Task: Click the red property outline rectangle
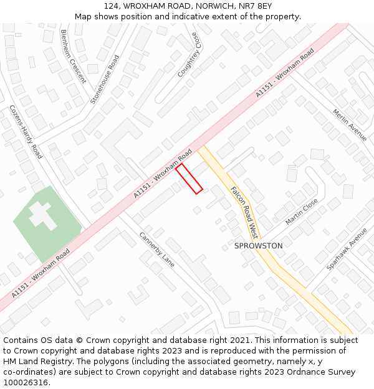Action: [189, 178]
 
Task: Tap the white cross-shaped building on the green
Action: [41, 215]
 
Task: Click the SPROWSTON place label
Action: [258, 246]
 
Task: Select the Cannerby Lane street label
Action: [156, 250]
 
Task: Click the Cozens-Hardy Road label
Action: [26, 131]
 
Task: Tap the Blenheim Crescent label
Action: [73, 57]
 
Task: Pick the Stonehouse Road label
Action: [104, 79]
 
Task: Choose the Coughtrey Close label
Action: [189, 55]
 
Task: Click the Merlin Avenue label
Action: [350, 124]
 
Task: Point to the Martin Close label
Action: [302, 212]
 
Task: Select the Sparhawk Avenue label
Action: [347, 249]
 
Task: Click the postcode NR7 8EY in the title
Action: [257, 6]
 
